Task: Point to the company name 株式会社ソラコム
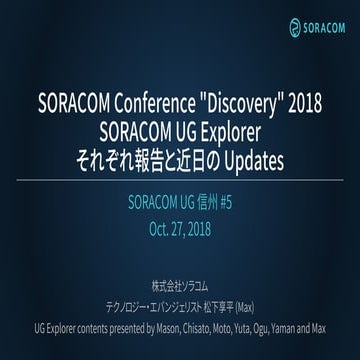(180, 300)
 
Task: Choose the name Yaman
(303, 337)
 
